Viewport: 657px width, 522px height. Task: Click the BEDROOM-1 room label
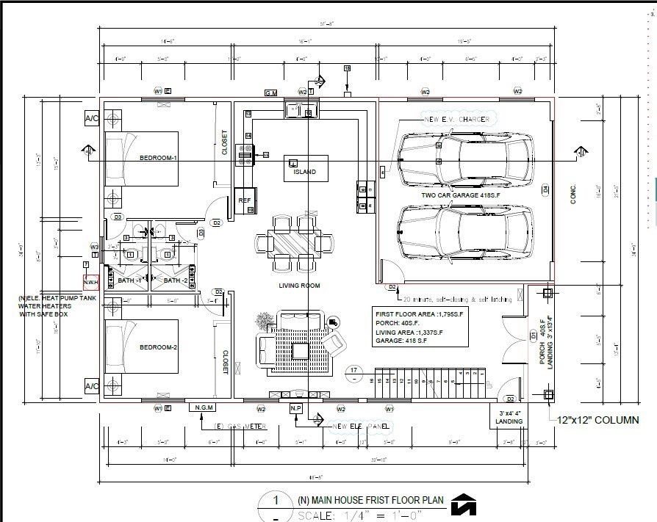point(158,158)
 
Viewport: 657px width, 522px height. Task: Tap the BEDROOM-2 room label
point(158,347)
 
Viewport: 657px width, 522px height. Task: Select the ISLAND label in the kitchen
point(304,172)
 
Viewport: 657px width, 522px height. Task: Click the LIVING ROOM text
point(299,286)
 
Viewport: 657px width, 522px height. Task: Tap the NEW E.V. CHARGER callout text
point(456,119)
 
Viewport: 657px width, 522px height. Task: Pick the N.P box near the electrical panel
point(296,407)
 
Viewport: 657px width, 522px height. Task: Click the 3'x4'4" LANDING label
point(509,417)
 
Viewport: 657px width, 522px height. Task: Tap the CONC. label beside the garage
point(574,194)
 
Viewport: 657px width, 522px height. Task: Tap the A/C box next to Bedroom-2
point(92,386)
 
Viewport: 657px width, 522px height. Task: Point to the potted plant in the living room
point(263,321)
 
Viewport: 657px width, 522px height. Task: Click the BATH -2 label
point(176,281)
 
